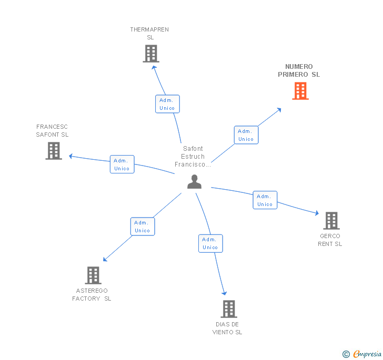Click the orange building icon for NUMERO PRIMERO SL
click(300, 91)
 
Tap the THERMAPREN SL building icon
click(151, 54)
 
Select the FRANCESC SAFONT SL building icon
click(54, 151)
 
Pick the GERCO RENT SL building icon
click(331, 221)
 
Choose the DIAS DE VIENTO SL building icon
click(229, 309)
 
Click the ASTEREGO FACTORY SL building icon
click(93, 275)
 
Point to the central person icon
click(194, 182)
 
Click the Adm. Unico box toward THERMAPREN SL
click(167, 104)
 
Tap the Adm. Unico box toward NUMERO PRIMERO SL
click(246, 135)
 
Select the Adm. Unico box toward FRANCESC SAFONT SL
click(122, 164)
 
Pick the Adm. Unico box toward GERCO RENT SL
click(265, 200)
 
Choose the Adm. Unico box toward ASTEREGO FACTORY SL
click(143, 227)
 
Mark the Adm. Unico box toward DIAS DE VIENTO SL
click(210, 243)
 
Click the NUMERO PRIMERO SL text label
click(299, 70)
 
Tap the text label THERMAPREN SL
click(150, 34)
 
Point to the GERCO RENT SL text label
click(330, 240)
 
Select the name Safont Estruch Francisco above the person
click(193, 157)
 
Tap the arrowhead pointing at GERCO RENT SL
click(317, 213)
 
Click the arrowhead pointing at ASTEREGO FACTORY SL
click(105, 259)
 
